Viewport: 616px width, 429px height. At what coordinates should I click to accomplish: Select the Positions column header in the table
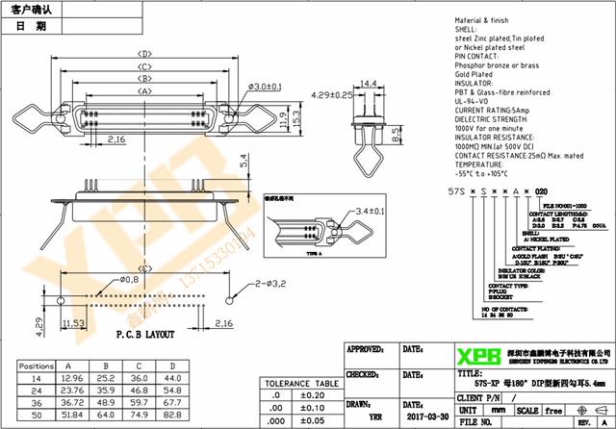(x=37, y=366)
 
